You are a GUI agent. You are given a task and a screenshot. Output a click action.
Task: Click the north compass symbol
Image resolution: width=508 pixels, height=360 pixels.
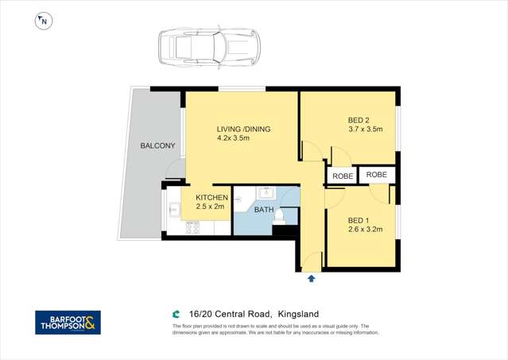click(x=43, y=21)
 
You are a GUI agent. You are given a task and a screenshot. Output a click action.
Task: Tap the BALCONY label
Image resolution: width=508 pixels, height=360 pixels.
click(x=157, y=146)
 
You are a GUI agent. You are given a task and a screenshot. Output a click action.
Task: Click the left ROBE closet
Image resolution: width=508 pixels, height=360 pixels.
click(x=342, y=175)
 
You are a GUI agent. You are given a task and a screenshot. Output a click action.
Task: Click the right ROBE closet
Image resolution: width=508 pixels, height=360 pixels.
click(x=377, y=174)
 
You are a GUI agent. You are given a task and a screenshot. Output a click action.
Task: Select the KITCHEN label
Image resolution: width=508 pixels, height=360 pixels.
click(x=212, y=198)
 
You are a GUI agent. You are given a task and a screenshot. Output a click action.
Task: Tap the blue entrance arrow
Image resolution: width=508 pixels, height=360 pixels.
click(x=311, y=279)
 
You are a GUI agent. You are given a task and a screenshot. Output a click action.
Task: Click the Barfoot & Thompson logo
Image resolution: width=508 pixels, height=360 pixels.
click(x=68, y=322)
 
